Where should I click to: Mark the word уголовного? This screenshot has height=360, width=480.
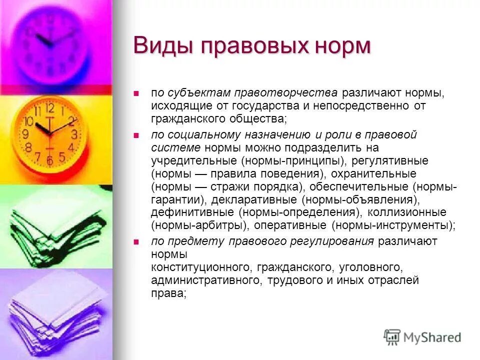[x=369, y=267]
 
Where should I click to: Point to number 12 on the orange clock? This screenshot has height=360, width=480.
[x=49, y=107]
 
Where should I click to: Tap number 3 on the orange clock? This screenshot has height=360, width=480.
[x=74, y=134]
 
